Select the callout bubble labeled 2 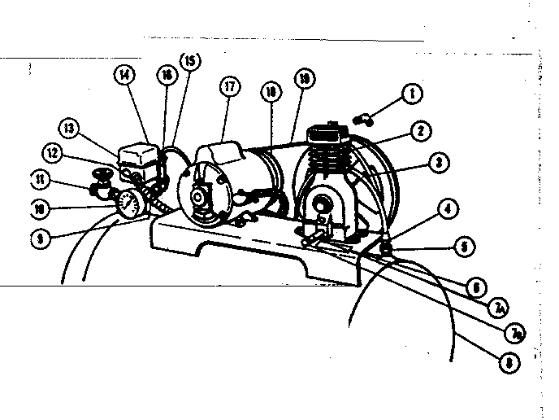pos(442,129)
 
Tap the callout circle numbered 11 pos(39,177)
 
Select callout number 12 pos(53,152)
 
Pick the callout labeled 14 pos(124,76)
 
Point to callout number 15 pos(190,60)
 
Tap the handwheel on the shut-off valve pos(104,172)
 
